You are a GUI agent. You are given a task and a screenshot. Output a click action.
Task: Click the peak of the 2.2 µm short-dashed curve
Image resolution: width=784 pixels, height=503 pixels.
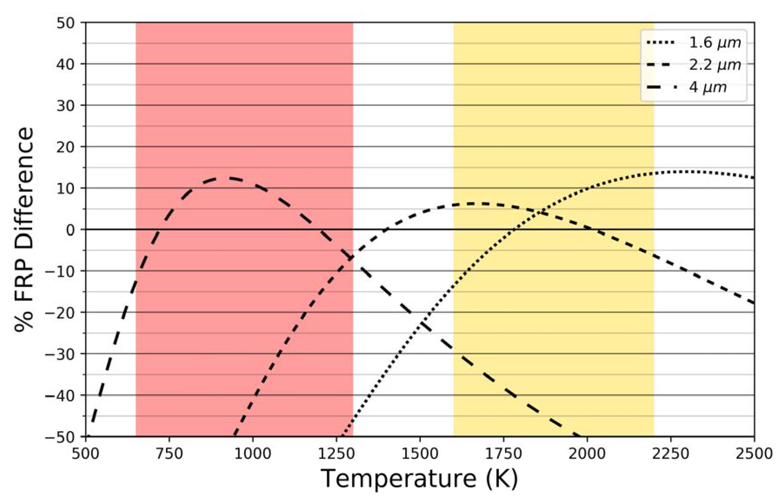click(470, 204)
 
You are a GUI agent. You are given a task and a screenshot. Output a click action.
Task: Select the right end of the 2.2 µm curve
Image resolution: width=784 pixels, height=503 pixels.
click(754, 303)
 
